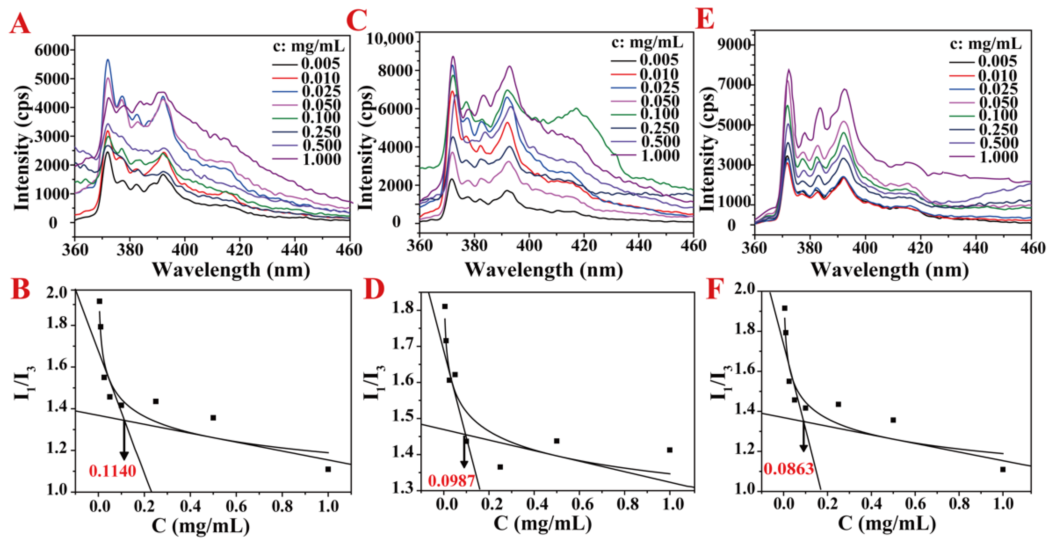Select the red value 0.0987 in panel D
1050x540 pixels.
[451, 481]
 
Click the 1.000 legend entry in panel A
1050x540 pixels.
[321, 159]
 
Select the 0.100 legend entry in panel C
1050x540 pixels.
[659, 114]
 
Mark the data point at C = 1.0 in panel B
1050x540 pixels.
[328, 469]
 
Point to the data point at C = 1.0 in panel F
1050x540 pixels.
[1003, 469]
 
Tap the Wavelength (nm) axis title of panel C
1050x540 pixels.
[544, 270]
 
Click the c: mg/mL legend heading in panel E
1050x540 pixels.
[986, 44]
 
